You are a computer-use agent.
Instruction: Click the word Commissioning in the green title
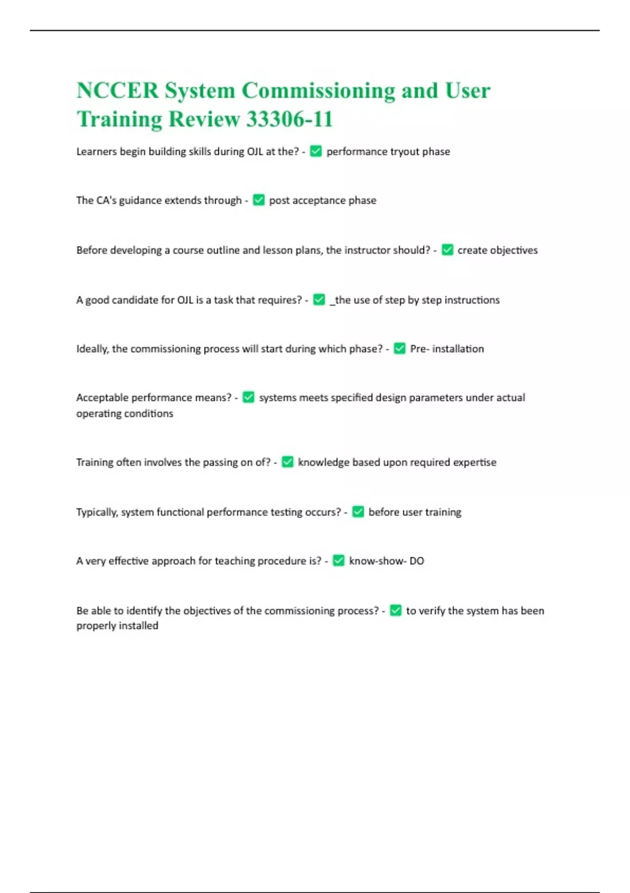pos(318,91)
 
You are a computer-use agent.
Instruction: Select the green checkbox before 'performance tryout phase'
pos(316,151)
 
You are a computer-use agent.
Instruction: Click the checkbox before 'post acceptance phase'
pos(259,200)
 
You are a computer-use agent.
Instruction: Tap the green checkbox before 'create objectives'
pos(447,250)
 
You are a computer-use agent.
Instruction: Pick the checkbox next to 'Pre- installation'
pos(400,349)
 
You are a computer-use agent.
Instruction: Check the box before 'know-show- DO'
pos(339,561)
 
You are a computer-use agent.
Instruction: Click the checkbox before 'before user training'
pos(358,512)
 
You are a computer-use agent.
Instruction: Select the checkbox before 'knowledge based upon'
pos(287,462)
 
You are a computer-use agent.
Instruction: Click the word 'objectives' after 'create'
pos(513,250)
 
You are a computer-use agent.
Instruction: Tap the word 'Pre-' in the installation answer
pos(419,349)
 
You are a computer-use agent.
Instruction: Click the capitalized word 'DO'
pos(416,561)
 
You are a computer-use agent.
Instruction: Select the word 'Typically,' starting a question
pos(97,512)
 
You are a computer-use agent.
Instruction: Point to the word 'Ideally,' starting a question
pos(92,349)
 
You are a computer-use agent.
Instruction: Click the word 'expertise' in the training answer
pos(475,462)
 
